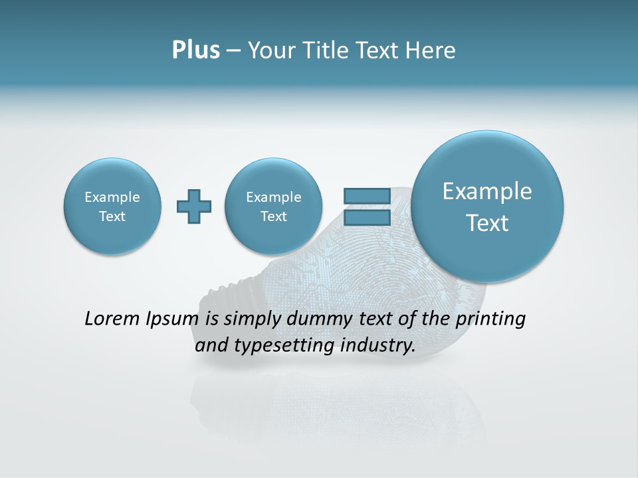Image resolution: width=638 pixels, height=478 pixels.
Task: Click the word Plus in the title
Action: click(195, 50)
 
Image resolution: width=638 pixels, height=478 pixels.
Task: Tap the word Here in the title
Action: click(431, 50)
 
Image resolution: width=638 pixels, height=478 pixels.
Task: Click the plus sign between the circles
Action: click(194, 206)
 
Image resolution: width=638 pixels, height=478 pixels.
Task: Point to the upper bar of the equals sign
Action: click(367, 196)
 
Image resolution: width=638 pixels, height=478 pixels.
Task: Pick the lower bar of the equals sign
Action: click(367, 218)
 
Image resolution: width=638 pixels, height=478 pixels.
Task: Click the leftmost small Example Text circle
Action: click(112, 206)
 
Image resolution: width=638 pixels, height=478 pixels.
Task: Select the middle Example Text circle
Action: click(274, 206)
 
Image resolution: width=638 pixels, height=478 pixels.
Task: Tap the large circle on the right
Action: click(487, 206)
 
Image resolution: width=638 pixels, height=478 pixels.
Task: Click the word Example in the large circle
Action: click(487, 191)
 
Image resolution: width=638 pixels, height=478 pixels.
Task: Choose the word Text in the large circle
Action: click(487, 223)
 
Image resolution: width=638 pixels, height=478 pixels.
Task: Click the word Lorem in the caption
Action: click(114, 319)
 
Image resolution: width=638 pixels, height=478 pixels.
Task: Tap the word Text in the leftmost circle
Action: click(112, 216)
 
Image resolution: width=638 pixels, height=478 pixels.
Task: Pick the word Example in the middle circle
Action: click(274, 197)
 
